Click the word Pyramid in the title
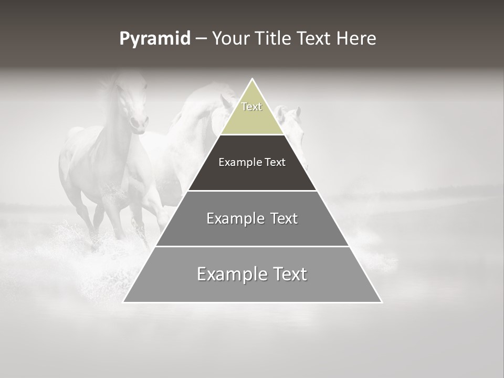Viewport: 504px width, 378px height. pos(154,39)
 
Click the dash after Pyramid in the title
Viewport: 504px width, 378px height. pos(201,39)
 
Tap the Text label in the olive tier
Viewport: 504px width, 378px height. pos(251,107)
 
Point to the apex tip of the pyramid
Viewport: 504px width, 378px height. pos(252,79)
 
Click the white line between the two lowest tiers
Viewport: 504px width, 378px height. pos(252,246)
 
